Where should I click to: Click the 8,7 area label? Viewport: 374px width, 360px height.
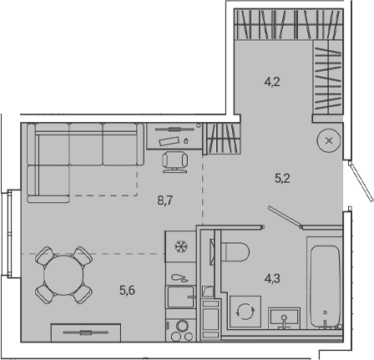click(165, 200)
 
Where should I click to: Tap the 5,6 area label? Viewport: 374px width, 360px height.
click(127, 291)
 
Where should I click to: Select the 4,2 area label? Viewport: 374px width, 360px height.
click(272, 82)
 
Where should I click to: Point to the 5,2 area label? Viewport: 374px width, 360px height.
click(282, 178)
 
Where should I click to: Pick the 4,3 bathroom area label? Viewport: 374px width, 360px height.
click(272, 278)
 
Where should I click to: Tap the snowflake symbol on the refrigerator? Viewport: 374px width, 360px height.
click(181, 246)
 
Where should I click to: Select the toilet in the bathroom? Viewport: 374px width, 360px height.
click(235, 252)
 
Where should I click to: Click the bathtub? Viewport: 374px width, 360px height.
click(326, 286)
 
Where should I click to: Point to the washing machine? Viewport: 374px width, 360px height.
click(245, 312)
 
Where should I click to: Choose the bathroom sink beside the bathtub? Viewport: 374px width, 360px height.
click(284, 318)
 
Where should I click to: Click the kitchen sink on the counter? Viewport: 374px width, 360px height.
click(181, 297)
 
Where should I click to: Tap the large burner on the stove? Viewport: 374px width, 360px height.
click(183, 325)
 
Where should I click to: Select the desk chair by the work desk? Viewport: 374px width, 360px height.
click(175, 162)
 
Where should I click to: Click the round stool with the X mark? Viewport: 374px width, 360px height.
click(329, 141)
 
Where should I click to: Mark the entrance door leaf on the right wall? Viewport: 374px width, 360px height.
click(361, 180)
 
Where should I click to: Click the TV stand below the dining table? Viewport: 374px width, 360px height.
click(86, 332)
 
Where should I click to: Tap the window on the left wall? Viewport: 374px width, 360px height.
click(10, 234)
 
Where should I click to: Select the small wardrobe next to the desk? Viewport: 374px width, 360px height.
click(222, 138)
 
